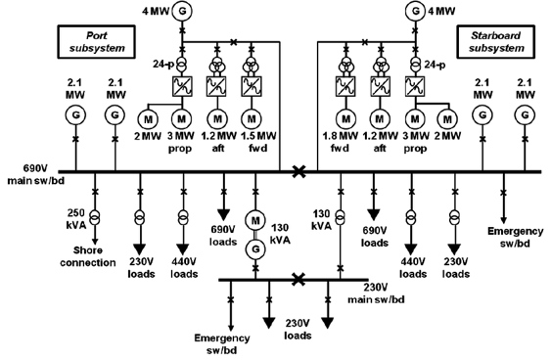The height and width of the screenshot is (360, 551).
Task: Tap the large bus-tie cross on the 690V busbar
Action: [298, 171]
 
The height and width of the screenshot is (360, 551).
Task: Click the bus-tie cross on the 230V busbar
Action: [298, 279]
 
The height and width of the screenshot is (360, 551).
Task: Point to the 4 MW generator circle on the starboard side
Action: [419, 12]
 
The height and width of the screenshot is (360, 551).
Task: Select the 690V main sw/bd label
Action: [33, 183]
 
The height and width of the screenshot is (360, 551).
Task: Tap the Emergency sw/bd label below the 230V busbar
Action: [225, 343]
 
